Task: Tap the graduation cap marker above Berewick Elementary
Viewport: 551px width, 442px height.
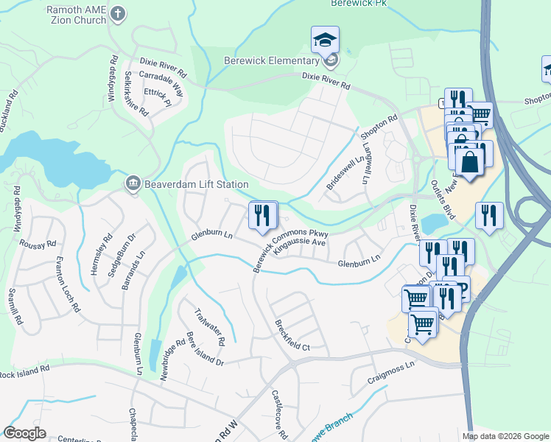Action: click(x=324, y=41)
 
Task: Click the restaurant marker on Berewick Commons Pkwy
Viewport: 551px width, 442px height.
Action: click(x=263, y=216)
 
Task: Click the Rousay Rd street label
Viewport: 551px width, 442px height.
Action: click(x=38, y=244)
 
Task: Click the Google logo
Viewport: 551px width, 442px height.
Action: click(x=25, y=433)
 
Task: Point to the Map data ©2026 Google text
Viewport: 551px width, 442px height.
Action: click(x=505, y=436)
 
